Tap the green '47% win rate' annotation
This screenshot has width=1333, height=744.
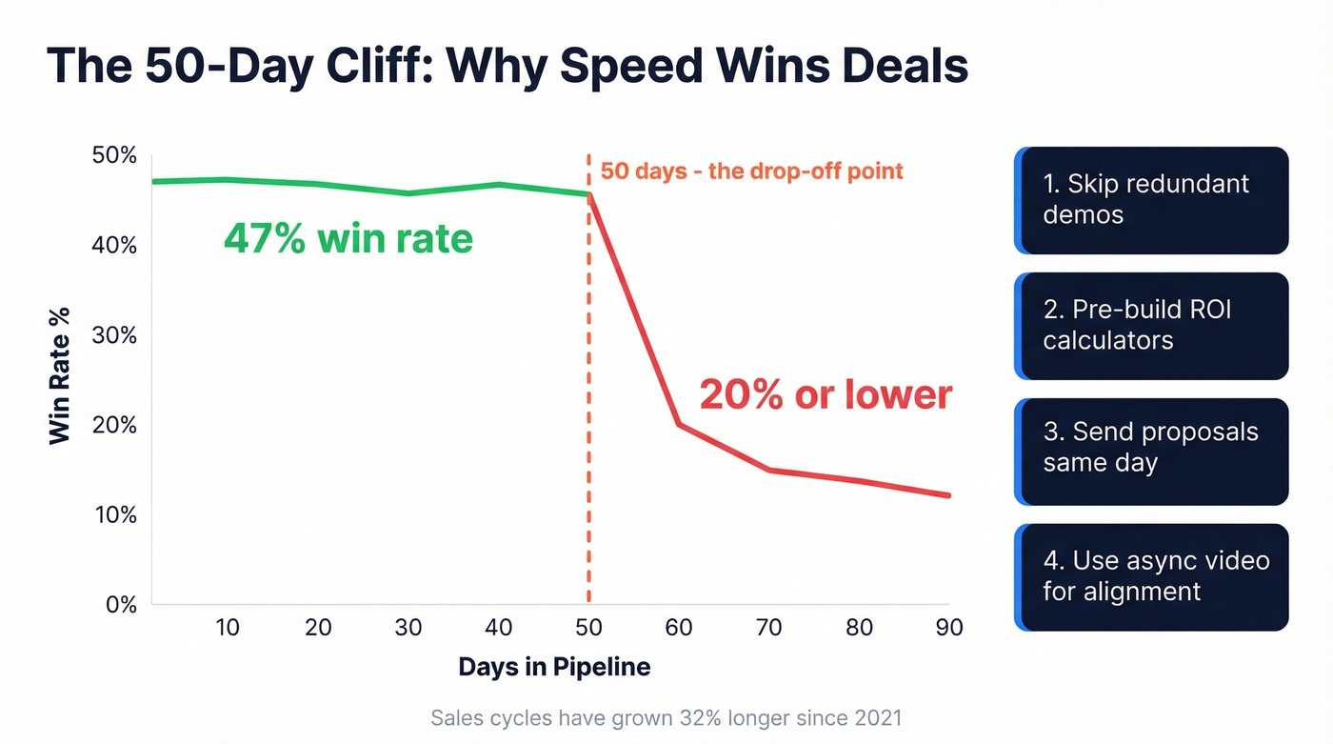(x=348, y=238)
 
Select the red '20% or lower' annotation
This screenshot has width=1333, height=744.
(x=826, y=393)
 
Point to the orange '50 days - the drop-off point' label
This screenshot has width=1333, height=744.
(x=751, y=172)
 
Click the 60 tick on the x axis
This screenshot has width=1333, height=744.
(x=678, y=628)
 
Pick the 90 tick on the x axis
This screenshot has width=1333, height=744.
(x=948, y=628)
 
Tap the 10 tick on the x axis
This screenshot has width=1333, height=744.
(x=228, y=628)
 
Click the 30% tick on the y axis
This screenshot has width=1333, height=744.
(x=114, y=335)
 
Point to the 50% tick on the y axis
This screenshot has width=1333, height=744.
(x=114, y=155)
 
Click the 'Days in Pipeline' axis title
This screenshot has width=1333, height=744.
(x=554, y=667)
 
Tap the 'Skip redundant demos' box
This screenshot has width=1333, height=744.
(x=1151, y=200)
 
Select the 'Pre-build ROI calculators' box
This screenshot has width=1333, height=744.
(x=1151, y=326)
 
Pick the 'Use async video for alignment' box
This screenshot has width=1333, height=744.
(x=1151, y=577)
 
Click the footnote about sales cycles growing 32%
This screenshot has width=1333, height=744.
(x=666, y=717)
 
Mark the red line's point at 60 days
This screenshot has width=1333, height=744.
(x=678, y=424)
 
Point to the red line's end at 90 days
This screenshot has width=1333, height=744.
(x=948, y=495)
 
